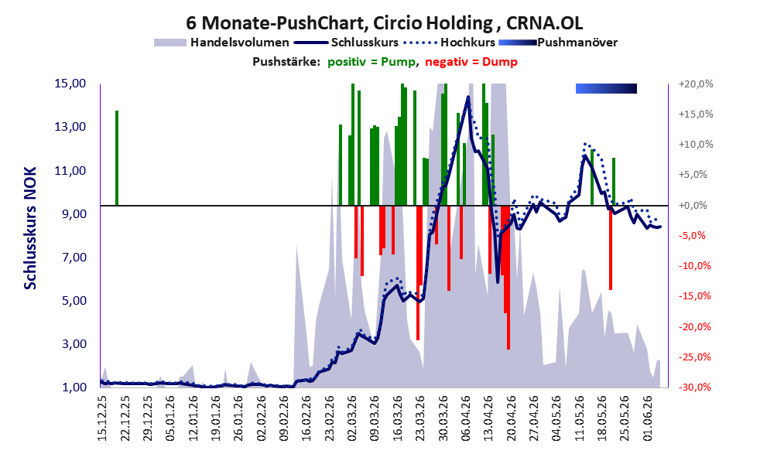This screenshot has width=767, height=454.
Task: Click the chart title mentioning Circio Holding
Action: click(384, 23)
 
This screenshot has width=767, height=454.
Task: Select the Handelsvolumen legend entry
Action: click(221, 43)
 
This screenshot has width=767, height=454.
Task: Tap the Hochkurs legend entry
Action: click(449, 43)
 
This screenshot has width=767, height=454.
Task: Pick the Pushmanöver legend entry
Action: click(558, 43)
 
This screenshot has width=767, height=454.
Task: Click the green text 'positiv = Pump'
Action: click(372, 62)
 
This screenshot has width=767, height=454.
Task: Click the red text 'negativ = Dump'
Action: click(471, 62)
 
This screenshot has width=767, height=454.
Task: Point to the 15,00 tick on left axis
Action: click(70, 84)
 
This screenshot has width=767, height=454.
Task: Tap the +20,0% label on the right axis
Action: click(696, 84)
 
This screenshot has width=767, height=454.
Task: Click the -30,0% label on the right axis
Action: click(694, 387)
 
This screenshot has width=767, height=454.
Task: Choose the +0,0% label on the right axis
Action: click(693, 205)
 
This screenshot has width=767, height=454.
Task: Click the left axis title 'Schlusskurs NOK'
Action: click(30, 228)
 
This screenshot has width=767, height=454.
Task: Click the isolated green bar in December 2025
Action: click(117, 159)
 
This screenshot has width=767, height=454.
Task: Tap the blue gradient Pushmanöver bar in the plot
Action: click(607, 88)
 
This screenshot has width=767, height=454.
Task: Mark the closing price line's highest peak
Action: click(468, 97)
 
